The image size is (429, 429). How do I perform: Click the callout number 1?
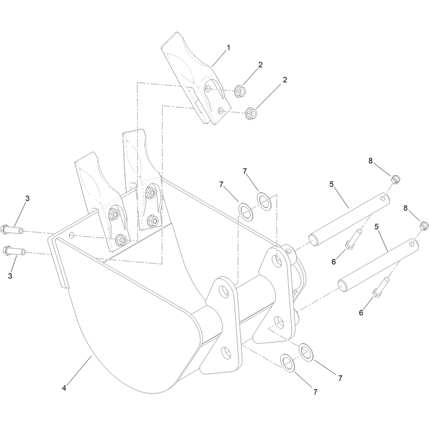pos(228,48)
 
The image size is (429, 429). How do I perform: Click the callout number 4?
pos(64,388)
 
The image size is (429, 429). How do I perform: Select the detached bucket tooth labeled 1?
pos(196,78)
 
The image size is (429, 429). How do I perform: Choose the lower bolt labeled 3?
pos(14,250)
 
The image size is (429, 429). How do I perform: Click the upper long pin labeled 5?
pos(349,218)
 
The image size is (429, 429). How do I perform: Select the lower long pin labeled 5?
pos(379,264)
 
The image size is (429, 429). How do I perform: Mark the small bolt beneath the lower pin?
pos(381,287)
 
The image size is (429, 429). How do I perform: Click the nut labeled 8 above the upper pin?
pos(395,180)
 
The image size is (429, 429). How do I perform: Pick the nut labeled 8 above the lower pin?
pos(424,226)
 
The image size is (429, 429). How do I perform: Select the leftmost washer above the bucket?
pos(246,211)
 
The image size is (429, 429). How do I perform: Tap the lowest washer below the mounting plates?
pos(287,363)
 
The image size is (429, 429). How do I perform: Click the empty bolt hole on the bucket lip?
pos(72,234)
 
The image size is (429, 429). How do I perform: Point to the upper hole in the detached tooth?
pos(208,88)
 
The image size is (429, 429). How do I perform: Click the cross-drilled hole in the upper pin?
pos(382,197)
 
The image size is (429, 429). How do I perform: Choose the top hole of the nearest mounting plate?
pos(224,291)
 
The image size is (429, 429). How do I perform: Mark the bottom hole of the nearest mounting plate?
pos(225,353)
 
